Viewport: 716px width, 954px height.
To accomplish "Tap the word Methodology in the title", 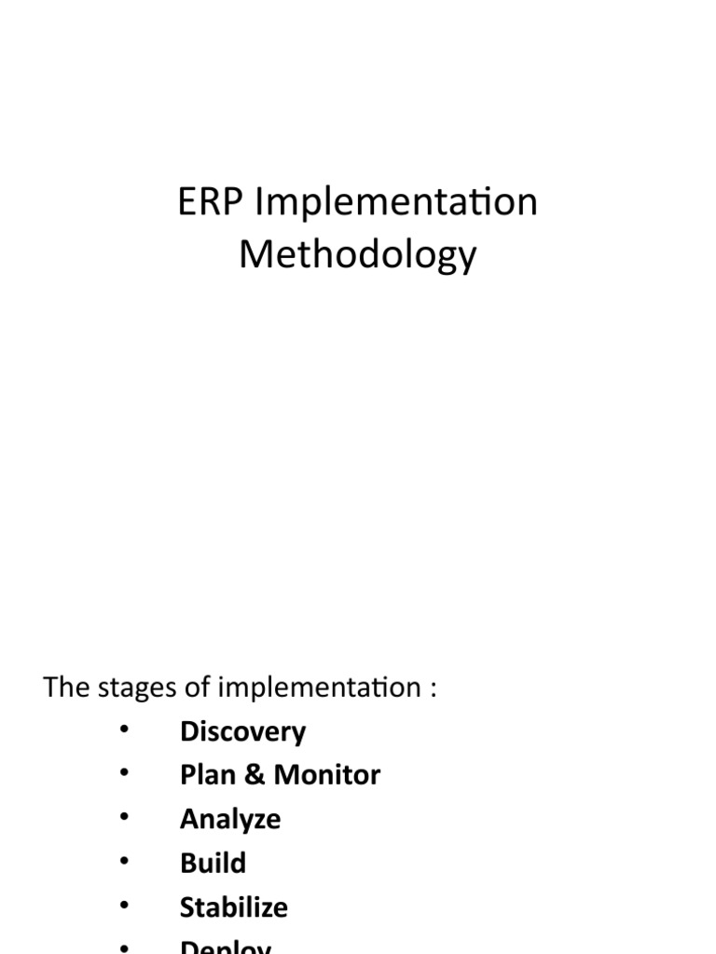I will [358, 255].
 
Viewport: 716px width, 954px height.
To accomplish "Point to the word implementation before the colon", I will [318, 689].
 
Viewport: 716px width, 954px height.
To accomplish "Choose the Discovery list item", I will [242, 732].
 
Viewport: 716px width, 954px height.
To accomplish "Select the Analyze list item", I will [230, 820].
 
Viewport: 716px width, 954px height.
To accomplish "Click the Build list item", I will [213, 863].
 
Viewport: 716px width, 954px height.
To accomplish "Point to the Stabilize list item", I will [234, 907].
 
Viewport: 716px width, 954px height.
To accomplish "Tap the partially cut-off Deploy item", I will [226, 946].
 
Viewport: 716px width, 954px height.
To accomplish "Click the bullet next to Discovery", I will [124, 731].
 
